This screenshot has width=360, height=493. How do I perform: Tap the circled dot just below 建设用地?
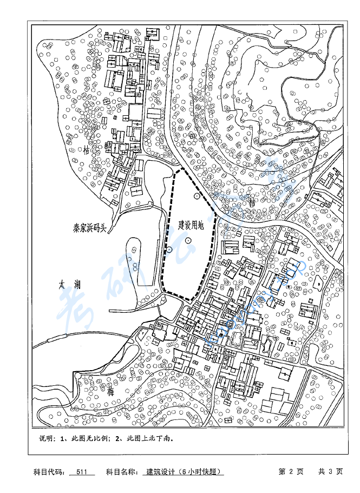pos(188,240)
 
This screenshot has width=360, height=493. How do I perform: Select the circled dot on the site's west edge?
pos(169,249)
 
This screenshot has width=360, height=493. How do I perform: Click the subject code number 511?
pos(82,471)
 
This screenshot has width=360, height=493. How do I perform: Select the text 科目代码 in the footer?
pos(48,471)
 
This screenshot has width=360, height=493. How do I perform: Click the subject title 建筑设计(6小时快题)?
pos(184,471)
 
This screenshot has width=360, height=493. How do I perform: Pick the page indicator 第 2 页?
pos(291,471)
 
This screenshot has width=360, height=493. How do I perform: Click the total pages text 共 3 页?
pos(330,471)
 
